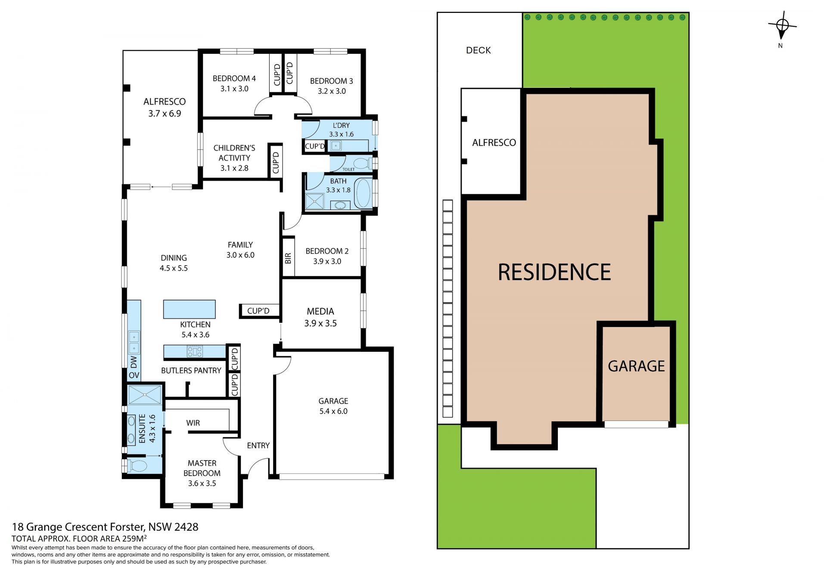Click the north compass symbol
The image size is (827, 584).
pos(782,26)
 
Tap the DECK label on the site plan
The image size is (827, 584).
pos(478,50)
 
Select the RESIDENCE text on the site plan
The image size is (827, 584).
pos(554,272)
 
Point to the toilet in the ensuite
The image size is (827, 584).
pos(136,466)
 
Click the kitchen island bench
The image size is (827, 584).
pos(189,309)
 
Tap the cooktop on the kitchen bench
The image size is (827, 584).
pos(195,352)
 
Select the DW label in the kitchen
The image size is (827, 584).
pos(134,362)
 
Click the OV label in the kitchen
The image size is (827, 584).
pos(134,375)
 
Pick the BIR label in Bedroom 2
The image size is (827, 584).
pos(288,258)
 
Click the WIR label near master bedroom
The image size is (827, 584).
pos(193,423)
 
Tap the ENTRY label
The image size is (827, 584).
pos(258,445)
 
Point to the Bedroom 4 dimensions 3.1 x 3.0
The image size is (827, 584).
pos(234,89)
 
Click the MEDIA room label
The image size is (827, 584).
pos(320,311)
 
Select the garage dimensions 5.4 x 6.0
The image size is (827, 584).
pos(333,411)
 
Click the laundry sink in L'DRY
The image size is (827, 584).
pos(336,146)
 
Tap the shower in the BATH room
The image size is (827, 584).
pos(314,201)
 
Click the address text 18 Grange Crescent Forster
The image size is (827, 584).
pos(78,527)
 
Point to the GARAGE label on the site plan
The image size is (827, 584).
pos(636,366)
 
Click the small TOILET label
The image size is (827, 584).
pos(348,169)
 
